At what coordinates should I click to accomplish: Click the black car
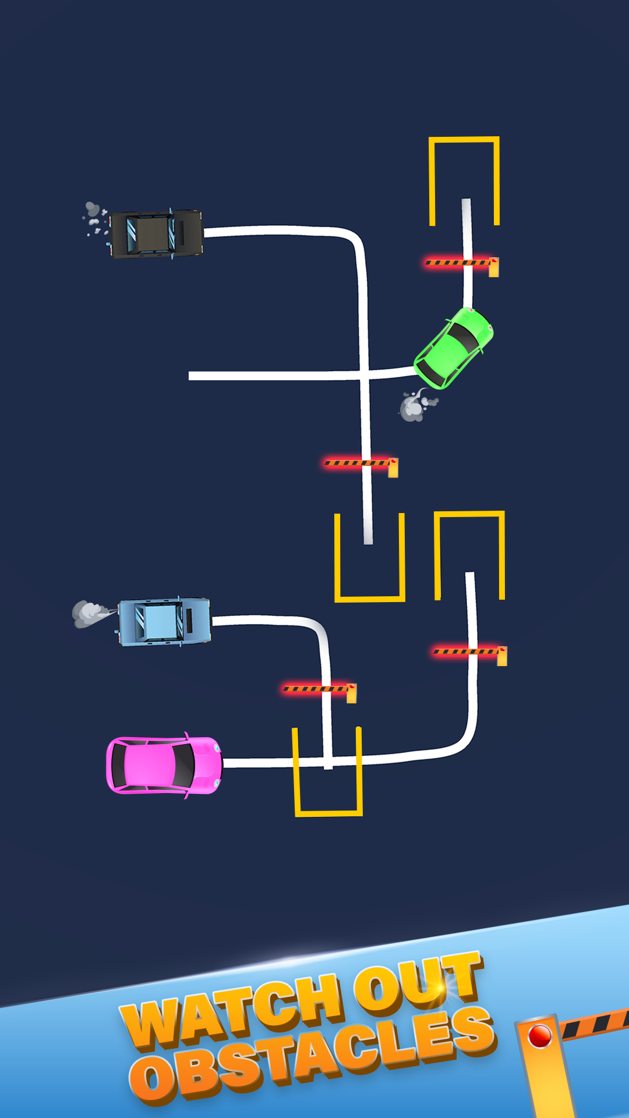coord(156,233)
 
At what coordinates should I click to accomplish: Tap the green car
coord(454,348)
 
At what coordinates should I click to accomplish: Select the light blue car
coord(164,621)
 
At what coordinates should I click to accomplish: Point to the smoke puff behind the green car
coord(415,405)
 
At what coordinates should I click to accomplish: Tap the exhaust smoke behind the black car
coord(95,218)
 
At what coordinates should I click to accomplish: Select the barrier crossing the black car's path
coord(360,464)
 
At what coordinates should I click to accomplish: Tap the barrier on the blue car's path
coord(319,689)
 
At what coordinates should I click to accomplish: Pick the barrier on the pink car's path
coord(469,652)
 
